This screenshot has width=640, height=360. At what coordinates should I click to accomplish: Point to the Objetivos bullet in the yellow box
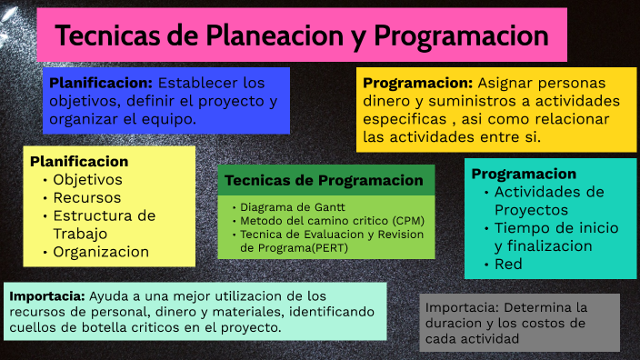pos(87,179)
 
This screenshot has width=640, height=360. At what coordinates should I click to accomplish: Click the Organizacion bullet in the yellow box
pos(100,252)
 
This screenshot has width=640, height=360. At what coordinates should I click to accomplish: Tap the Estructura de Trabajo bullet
pos(103,225)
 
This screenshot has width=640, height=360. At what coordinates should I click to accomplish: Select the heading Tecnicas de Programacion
pos(324,180)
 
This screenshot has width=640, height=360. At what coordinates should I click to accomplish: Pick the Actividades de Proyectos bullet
pos(548,201)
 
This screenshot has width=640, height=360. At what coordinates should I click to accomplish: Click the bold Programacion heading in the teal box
pos(524,174)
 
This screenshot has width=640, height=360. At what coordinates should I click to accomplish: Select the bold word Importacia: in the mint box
pos(47,295)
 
